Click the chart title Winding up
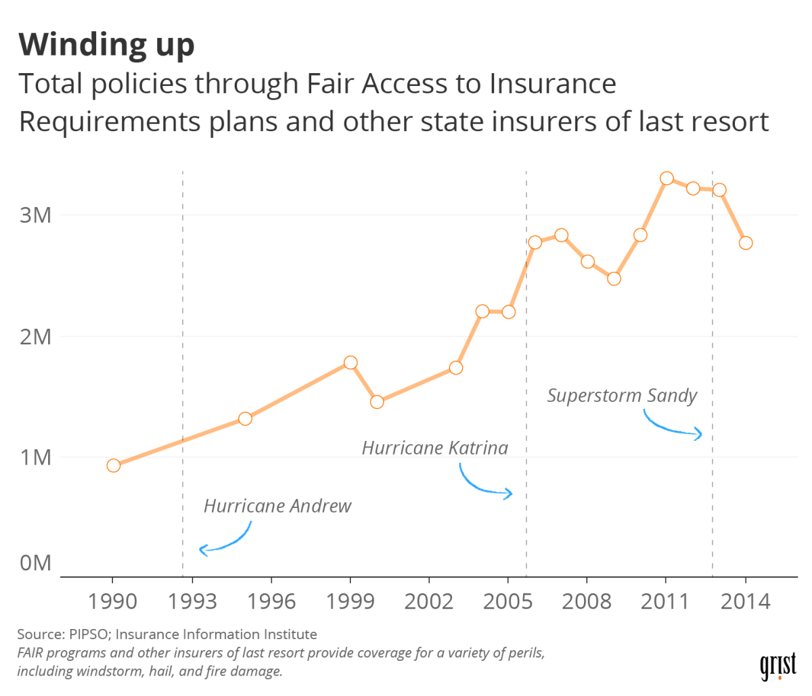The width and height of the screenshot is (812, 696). click(106, 44)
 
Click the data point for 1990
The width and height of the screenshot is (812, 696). click(113, 465)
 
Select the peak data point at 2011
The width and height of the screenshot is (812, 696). click(667, 179)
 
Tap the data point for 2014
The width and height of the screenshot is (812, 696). click(746, 243)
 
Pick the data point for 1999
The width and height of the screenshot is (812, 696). click(351, 363)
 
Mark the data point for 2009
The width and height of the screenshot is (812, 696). click(614, 279)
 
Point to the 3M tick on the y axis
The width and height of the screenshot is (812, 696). click(36, 216)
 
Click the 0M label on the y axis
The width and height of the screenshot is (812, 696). click(36, 563)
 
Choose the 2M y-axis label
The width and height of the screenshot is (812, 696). click(36, 336)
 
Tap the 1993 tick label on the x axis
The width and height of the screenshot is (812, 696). click(192, 601)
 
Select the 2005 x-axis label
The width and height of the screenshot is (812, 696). click(507, 601)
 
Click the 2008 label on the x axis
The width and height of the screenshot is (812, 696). click(587, 601)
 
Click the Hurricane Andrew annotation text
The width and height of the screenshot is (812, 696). click(277, 506)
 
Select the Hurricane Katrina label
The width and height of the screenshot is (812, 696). click(434, 448)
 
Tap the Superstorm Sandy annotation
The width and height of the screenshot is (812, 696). click(622, 396)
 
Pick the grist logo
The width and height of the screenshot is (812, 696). click(778, 666)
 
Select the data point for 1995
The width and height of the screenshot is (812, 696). click(245, 419)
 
